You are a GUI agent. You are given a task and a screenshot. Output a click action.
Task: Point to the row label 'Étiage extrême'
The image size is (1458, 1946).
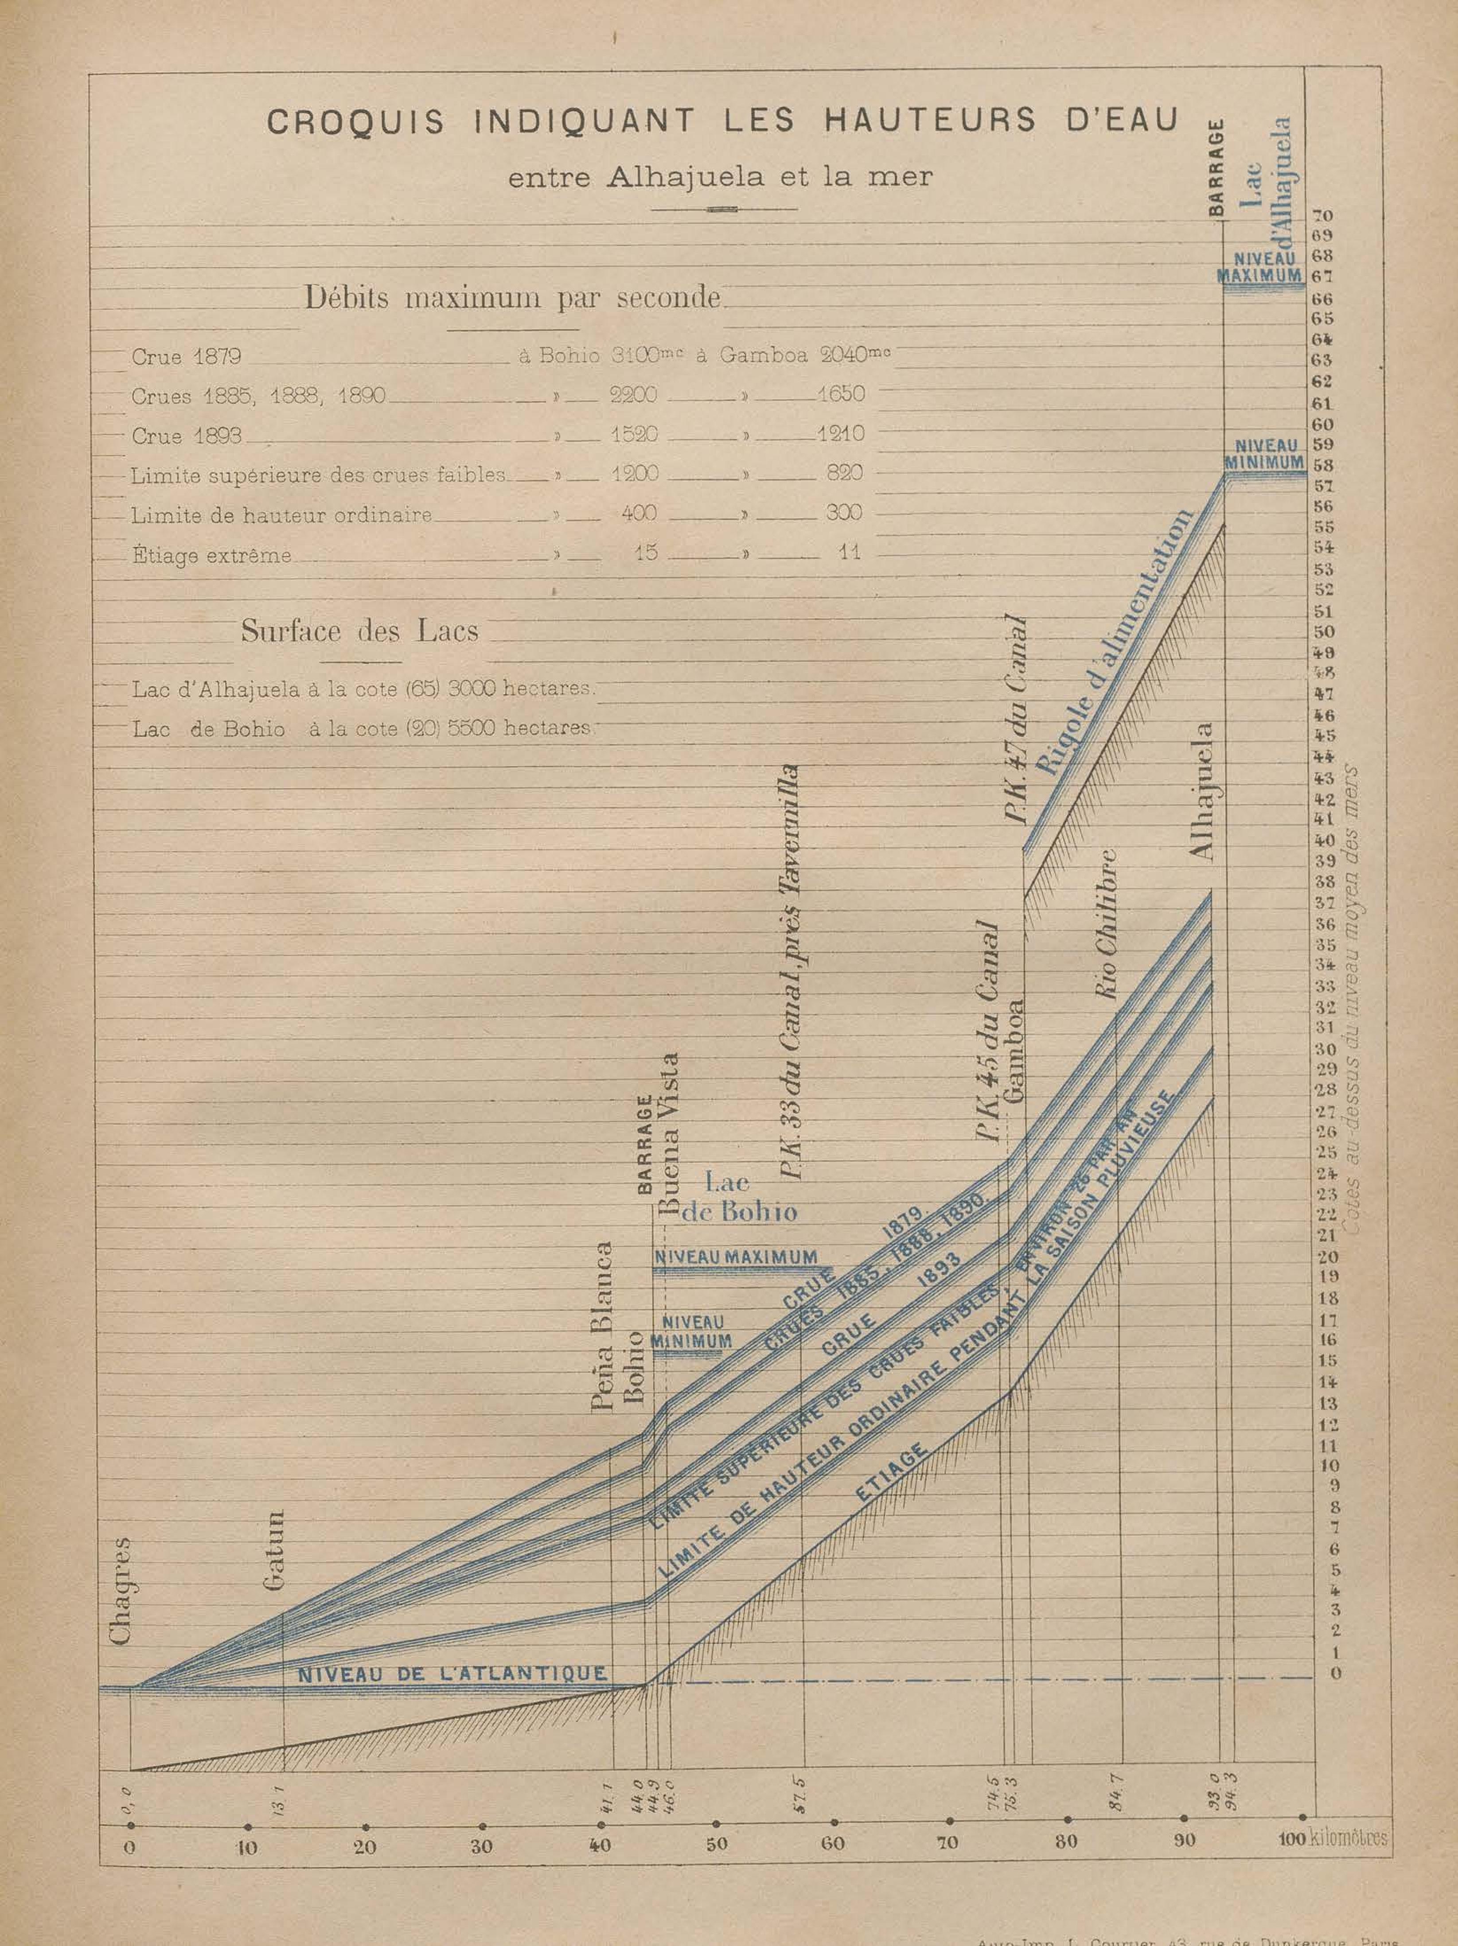tap(211, 555)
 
